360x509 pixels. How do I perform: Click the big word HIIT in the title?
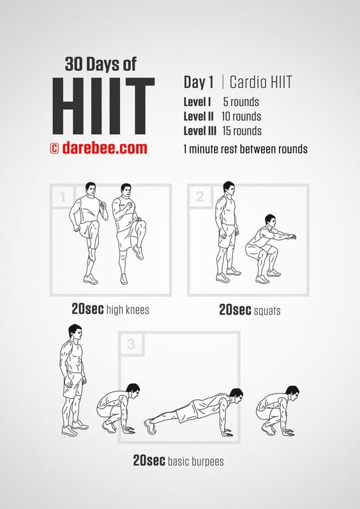[x=103, y=106]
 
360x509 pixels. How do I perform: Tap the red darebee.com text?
[x=104, y=148]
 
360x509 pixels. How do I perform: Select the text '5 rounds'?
[x=241, y=102]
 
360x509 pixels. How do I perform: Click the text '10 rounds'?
[x=241, y=116]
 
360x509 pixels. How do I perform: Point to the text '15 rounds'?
[x=242, y=131]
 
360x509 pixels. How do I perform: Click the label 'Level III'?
[x=200, y=131]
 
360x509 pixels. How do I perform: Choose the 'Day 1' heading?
[x=199, y=82]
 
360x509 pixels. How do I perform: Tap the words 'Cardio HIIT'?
[x=260, y=82]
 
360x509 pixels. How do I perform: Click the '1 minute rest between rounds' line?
[x=245, y=149]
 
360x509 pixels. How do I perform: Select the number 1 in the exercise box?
[x=63, y=196]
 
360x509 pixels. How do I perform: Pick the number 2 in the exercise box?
[x=200, y=196]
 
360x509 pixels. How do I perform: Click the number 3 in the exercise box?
[x=131, y=344]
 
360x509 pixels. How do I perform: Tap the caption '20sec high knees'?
[x=110, y=309]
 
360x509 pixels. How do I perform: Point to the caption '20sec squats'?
[x=250, y=310]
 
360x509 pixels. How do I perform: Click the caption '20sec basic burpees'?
[x=178, y=461]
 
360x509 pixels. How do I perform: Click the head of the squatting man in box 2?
[x=271, y=221]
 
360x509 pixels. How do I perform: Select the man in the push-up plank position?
[x=193, y=411]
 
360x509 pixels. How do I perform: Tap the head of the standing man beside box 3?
[x=75, y=332]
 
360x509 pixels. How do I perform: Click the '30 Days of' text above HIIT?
[x=100, y=64]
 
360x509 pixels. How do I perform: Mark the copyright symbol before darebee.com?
[x=54, y=149]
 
